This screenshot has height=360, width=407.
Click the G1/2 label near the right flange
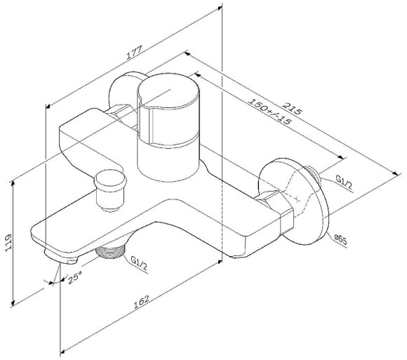pyautogui.click(x=343, y=182)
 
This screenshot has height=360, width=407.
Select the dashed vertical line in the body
pyautogui.click(x=221, y=211)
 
